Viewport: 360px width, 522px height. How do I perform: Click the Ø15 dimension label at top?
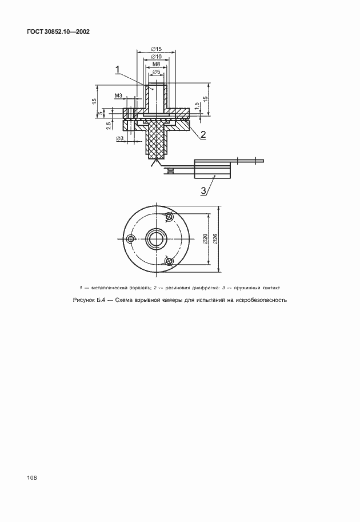[x=156, y=49]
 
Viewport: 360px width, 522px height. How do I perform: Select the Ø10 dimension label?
[x=156, y=57]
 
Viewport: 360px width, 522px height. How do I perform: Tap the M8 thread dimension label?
[x=156, y=65]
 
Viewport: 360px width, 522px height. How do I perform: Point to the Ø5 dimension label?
[x=156, y=72]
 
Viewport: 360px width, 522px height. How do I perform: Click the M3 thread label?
[x=119, y=95]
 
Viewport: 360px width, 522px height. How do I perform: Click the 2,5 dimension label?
[x=109, y=126]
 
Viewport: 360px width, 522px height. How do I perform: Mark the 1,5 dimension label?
[x=196, y=106]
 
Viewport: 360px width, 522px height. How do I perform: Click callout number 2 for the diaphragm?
[x=202, y=135]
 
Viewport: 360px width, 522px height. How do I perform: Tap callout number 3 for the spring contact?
[x=203, y=190]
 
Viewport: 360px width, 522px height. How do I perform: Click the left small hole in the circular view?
[x=131, y=238]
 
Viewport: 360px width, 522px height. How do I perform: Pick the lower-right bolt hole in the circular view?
[x=168, y=261]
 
